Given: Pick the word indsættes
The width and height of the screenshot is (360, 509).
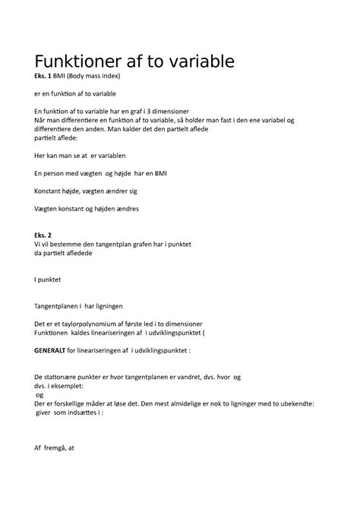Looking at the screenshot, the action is [82, 413].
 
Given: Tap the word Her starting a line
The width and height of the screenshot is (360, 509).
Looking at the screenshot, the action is [42, 156].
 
